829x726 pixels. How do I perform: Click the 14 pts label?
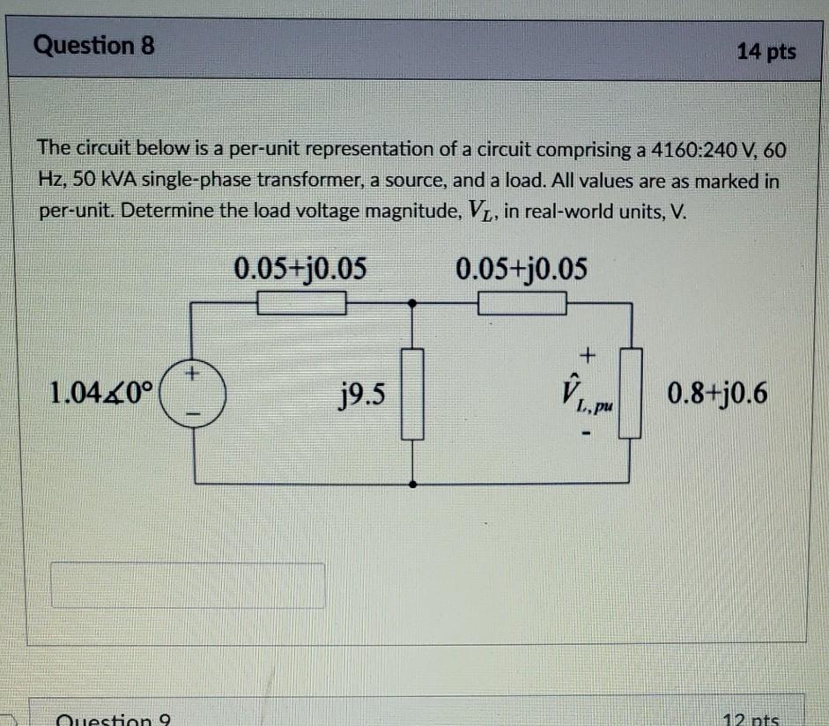(766, 52)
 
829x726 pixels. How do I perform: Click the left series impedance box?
(300, 305)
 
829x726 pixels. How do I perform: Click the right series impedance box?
(522, 305)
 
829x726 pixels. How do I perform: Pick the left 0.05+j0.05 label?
(300, 267)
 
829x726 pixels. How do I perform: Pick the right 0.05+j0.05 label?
(522, 267)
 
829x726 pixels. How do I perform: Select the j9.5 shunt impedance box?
(414, 393)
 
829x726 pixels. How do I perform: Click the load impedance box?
(629, 393)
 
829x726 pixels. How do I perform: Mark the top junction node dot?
(414, 304)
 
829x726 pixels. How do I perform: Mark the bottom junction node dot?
(414, 484)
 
